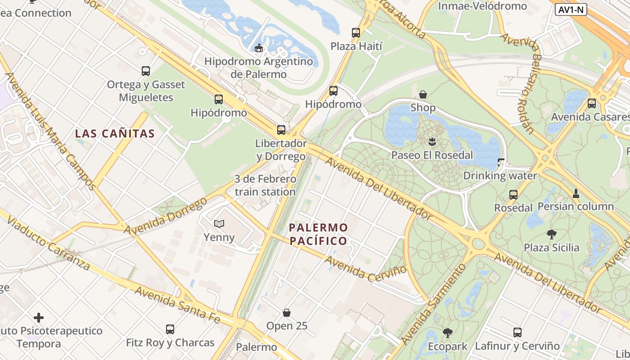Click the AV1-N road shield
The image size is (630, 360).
571,9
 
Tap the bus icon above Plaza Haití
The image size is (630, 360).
356,32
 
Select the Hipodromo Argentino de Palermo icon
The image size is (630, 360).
259,48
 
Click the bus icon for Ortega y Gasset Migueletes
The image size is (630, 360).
146,71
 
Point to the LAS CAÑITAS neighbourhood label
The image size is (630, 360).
115,134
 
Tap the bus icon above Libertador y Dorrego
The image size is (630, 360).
281,130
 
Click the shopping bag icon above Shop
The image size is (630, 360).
423,94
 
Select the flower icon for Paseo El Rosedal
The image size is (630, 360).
432,142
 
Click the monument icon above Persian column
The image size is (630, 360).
576,193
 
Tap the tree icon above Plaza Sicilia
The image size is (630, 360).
552,234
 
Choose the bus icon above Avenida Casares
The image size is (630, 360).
592,103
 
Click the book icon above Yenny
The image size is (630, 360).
219,224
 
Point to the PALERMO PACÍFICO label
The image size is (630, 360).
319,234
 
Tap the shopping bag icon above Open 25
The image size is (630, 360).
287,312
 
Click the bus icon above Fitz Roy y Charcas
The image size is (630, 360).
170,329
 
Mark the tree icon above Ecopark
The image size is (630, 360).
448,333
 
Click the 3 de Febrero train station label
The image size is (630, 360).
265,185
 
